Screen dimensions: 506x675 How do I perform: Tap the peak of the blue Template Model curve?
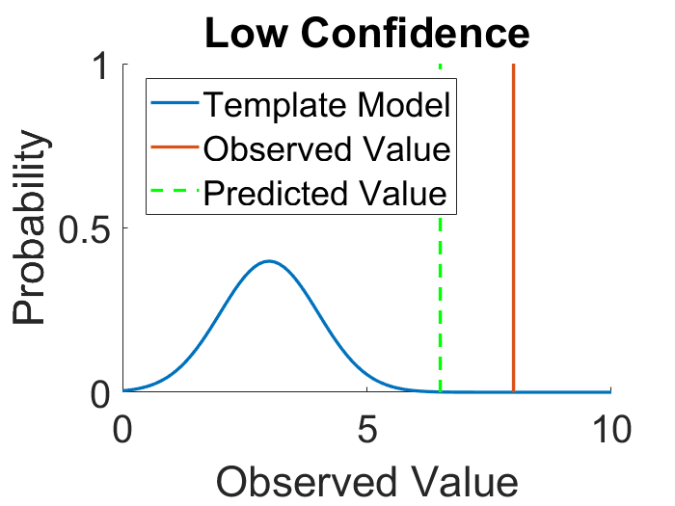pyautogui.click(x=269, y=261)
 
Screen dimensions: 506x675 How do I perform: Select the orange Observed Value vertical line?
pyautogui.click(x=513, y=289)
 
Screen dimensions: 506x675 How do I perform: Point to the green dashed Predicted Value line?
pyautogui.click(x=441, y=308)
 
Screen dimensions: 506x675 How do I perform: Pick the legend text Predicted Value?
pyautogui.click(x=327, y=193)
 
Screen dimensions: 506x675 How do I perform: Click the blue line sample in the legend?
pyautogui.click(x=175, y=104)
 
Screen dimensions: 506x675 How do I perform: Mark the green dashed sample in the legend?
pyautogui.click(x=175, y=193)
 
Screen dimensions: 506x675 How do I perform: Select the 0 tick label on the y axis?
pyautogui.click(x=99, y=393)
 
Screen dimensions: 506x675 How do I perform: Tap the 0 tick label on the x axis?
pyautogui.click(x=122, y=426)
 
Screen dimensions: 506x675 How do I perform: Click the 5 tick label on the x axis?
pyautogui.click(x=366, y=426)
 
